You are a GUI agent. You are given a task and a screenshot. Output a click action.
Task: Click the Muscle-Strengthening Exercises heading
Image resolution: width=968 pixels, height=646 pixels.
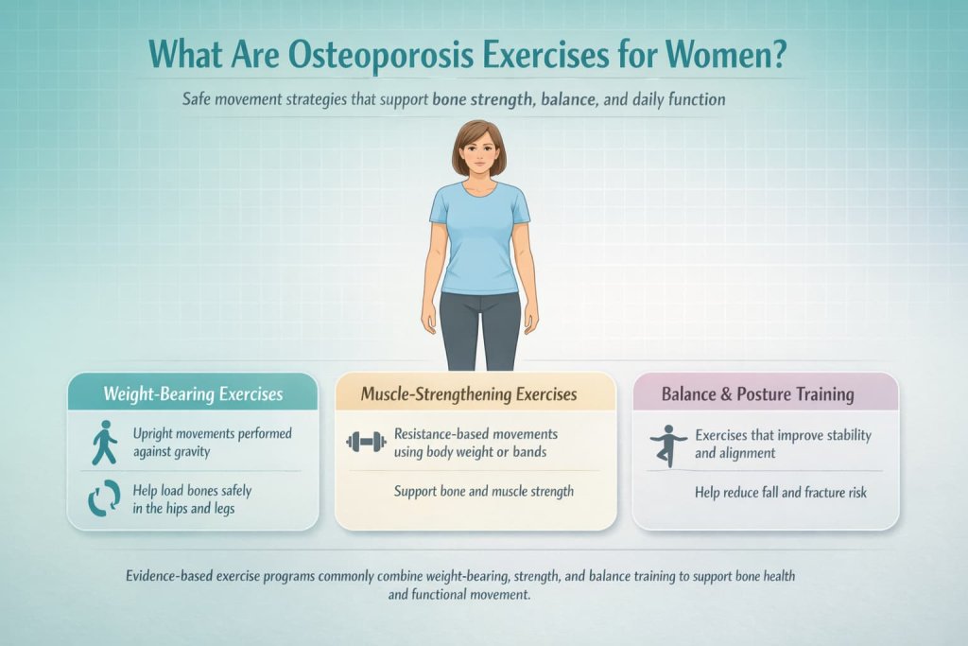coord(469,393)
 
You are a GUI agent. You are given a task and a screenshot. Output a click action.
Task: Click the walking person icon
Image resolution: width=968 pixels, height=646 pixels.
coord(101,443)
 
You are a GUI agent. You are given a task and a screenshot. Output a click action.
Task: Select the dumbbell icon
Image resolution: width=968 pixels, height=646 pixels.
coord(367,442)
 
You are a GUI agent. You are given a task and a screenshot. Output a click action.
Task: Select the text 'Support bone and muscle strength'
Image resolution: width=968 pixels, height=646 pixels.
coord(484,492)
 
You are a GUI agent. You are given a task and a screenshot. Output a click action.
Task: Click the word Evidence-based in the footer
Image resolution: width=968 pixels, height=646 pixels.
coord(172,576)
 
